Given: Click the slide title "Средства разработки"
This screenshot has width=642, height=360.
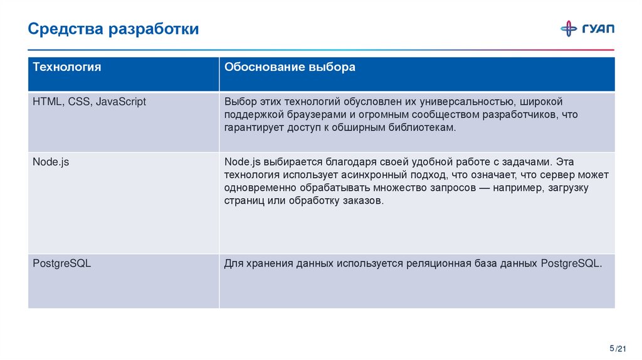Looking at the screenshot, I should (x=113, y=29).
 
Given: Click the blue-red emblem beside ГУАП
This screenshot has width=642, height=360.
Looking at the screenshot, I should (x=569, y=28).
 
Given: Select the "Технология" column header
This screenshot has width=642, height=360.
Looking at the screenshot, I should (x=66, y=67).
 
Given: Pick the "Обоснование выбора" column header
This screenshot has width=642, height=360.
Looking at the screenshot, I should (x=290, y=67).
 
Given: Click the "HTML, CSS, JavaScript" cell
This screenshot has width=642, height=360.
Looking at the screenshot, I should (x=89, y=102).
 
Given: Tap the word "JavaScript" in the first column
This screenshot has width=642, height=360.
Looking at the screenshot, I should (x=121, y=102).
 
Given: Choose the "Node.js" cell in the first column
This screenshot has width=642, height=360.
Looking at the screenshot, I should (x=51, y=162).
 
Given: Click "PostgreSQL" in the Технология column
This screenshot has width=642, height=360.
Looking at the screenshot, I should (x=62, y=263).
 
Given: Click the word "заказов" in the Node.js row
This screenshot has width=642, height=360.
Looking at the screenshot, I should (x=358, y=201).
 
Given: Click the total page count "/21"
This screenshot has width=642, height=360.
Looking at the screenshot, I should (x=621, y=349).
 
